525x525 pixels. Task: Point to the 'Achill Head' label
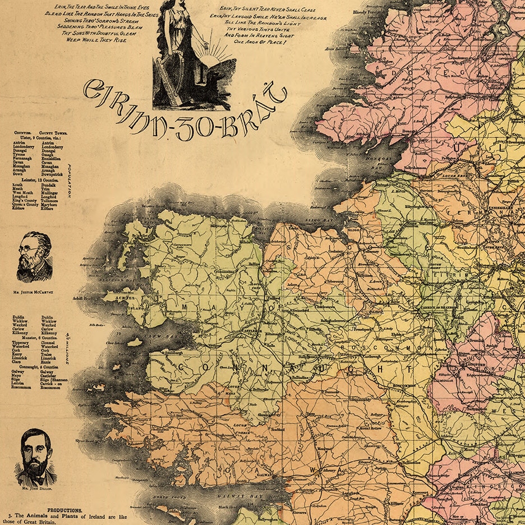[83, 298]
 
